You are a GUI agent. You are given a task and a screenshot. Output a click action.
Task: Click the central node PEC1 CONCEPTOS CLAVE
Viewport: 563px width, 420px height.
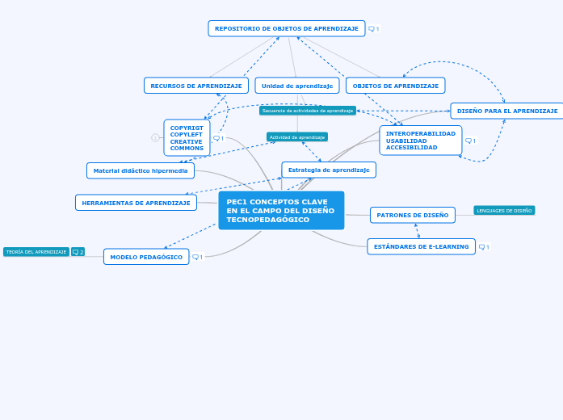(281, 210)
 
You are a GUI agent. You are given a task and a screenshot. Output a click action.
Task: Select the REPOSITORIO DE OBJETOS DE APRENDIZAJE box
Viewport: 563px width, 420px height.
(286, 28)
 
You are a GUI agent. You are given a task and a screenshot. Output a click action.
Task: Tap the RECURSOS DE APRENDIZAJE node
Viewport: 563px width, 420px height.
(196, 86)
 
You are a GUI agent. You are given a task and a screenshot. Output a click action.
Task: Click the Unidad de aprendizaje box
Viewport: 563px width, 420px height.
(296, 86)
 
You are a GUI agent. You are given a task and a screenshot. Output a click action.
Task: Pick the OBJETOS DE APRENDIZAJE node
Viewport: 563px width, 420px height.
(395, 86)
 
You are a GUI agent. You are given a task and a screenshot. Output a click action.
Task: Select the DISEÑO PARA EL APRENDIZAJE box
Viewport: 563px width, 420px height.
(506, 111)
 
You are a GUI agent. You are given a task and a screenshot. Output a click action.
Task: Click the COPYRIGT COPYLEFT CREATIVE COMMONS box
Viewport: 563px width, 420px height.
(187, 138)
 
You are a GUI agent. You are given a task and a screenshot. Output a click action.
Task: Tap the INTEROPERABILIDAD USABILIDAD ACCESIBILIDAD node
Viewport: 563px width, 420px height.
(420, 141)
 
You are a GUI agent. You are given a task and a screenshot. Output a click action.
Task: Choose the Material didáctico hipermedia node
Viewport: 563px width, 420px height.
(141, 170)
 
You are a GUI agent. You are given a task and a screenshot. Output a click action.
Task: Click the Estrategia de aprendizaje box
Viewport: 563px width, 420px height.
(329, 170)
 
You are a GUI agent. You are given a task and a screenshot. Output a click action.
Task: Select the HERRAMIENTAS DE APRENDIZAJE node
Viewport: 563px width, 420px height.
(136, 203)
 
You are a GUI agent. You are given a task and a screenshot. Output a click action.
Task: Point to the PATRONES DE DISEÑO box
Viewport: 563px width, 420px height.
(412, 215)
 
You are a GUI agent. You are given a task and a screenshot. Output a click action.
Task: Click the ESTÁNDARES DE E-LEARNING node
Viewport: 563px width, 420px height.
(420, 246)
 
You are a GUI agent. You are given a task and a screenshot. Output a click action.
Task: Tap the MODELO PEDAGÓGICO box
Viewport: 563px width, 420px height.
(146, 257)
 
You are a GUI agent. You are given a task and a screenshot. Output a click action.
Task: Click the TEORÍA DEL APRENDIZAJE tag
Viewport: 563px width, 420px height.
(36, 252)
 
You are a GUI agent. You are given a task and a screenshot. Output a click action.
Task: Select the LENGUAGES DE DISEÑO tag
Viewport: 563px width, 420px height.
(504, 211)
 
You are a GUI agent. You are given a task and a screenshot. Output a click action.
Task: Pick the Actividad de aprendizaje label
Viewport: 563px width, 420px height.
(297, 137)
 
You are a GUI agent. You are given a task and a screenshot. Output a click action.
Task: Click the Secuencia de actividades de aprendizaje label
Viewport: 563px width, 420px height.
(308, 111)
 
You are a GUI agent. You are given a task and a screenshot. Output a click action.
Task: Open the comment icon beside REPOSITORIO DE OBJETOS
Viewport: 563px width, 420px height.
(373, 29)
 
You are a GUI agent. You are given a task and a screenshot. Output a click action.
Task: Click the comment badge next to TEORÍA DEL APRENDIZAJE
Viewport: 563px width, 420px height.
(78, 252)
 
